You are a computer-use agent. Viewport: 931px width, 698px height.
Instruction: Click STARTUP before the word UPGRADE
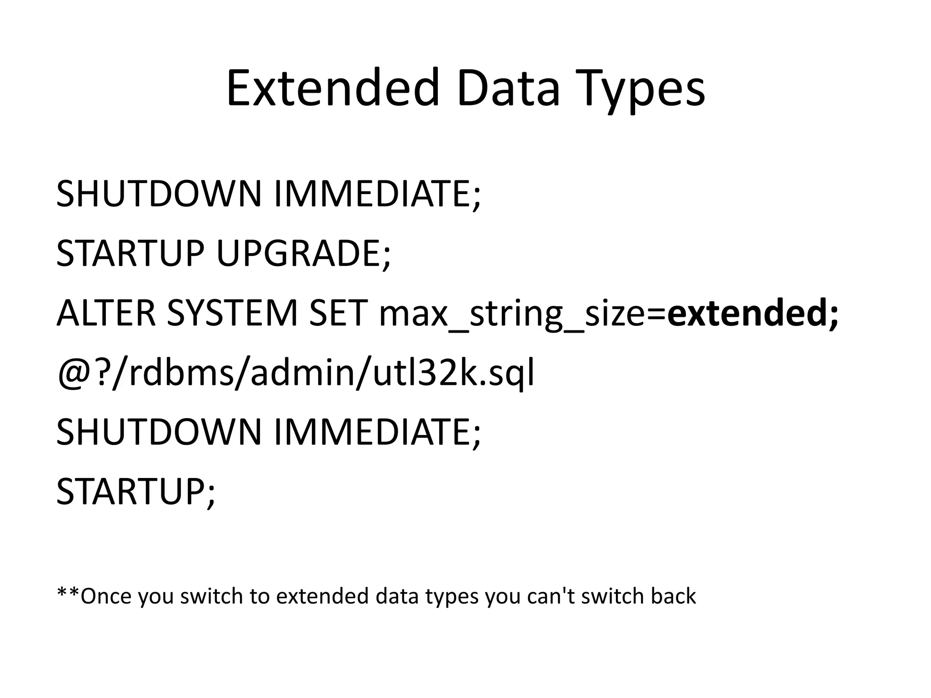130,254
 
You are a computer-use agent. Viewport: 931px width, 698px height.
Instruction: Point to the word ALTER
106,313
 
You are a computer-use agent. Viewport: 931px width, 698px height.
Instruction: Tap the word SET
338,313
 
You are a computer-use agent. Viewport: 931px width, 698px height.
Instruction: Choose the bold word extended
746,313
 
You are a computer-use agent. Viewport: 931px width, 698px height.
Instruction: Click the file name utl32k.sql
454,374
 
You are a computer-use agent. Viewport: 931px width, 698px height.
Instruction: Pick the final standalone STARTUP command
135,492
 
